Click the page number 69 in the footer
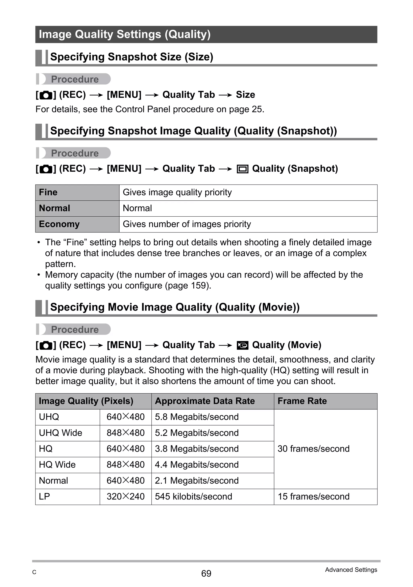pos(206,573)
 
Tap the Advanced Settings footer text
pos(351,570)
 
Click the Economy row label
pos(59,224)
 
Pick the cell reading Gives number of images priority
pos(187,224)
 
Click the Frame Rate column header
pos(302,401)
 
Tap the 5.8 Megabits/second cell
pos(196,417)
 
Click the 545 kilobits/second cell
pos(193,496)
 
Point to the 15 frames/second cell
pos(313,496)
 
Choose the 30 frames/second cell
pos(313,449)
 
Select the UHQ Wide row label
pos(61,433)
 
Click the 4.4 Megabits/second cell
pos(196,465)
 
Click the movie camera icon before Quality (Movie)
pos(242,345)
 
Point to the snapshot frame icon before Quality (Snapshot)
pos(242,169)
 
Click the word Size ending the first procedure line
pos(245,95)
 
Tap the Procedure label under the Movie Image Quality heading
pos(75,329)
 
